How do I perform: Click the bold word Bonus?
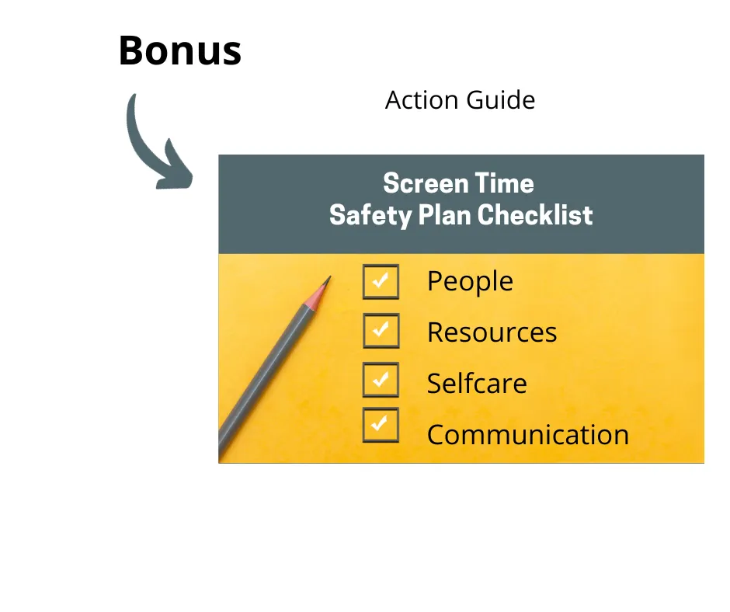point(180,50)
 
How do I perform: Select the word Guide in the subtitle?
point(500,100)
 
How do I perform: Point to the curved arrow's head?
point(175,168)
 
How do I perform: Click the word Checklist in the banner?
point(535,215)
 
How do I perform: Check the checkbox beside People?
point(381,282)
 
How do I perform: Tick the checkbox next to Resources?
point(381,331)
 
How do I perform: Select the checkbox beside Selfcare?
point(381,380)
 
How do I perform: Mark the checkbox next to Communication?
point(381,426)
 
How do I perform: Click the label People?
point(470,282)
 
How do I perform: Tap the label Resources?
point(492,332)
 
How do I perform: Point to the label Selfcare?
point(477,384)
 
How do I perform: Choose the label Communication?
point(528,435)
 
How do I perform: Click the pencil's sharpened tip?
point(329,277)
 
